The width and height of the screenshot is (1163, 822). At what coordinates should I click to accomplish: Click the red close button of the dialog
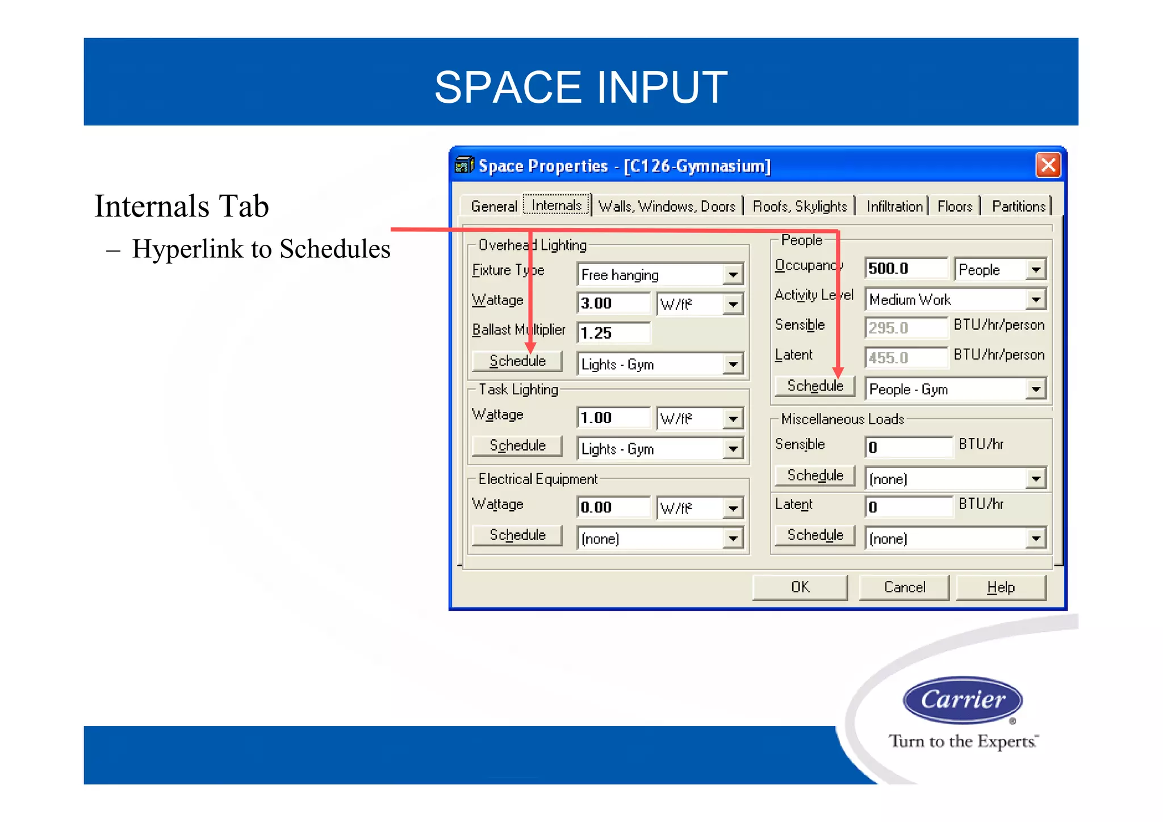[x=1048, y=166]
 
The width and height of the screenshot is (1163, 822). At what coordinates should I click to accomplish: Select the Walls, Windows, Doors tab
[x=667, y=206]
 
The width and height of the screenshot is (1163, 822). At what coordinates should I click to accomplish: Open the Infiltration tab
[x=894, y=206]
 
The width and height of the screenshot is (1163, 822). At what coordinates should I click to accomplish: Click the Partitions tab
[x=1018, y=206]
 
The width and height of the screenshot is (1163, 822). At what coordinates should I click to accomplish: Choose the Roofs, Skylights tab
[x=800, y=206]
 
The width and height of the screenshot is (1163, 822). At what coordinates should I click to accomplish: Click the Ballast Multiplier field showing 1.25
[x=613, y=333]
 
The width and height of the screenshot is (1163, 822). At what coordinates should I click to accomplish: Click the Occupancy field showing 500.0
[x=906, y=269]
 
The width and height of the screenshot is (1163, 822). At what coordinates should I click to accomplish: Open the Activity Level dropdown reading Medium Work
[x=955, y=299]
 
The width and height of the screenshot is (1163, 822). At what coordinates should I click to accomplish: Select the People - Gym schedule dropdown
[x=955, y=390]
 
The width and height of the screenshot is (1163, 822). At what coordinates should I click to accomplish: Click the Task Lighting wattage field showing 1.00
[x=613, y=418]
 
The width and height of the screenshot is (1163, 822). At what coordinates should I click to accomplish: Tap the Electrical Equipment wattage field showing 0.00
[x=613, y=507]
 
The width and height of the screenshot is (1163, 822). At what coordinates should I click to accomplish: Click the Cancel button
[x=904, y=587]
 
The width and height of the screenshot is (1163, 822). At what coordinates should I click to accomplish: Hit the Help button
[x=1001, y=587]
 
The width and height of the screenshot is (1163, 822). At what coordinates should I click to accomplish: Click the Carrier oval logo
[x=963, y=700]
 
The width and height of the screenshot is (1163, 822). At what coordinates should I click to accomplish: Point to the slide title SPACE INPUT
[x=581, y=87]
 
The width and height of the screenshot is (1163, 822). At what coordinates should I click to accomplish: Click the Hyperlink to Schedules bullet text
[x=261, y=249]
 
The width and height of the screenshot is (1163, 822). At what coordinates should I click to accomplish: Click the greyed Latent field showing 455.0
[x=906, y=358]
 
